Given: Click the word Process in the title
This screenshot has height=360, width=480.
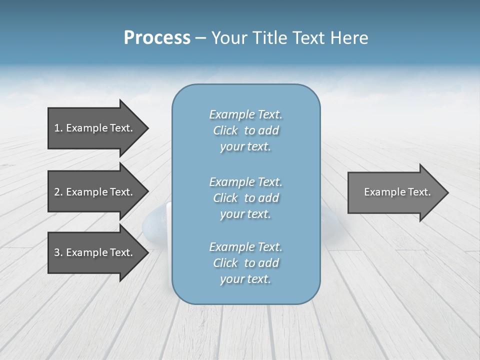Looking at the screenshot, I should (x=157, y=38).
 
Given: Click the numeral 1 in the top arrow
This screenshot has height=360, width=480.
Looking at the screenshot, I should (x=57, y=128).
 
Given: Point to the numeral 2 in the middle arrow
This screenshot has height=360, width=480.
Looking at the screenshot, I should (x=57, y=192).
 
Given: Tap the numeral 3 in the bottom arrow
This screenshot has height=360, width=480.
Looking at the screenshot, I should (x=57, y=252).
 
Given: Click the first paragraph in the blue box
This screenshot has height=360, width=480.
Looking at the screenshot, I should (x=245, y=130).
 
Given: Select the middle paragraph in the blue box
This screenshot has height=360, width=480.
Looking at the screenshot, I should (x=245, y=198).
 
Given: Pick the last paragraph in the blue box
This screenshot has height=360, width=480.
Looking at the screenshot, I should (x=245, y=263).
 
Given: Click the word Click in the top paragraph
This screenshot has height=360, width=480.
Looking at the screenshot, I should (x=225, y=130).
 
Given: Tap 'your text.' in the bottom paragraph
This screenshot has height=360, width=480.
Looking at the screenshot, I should (x=245, y=279).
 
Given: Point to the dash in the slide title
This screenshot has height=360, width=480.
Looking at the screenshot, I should (x=200, y=38).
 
